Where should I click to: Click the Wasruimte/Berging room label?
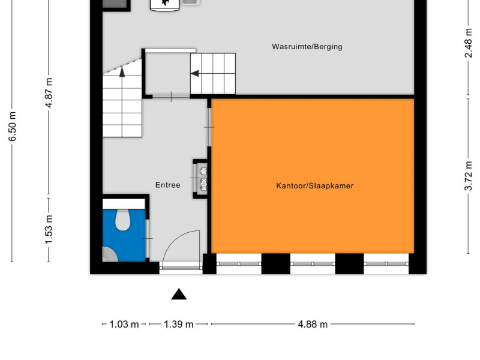coord(307,47)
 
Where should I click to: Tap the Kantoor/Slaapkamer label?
coord(314,186)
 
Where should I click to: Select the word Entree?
coord(168,185)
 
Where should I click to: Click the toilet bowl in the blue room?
coord(123,220)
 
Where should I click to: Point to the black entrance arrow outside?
coord(179,294)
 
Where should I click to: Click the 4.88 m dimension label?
coord(313,324)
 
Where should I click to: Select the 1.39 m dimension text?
coord(178,324)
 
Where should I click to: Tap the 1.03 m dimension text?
coord(124,324)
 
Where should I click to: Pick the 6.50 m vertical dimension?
coord(12,127)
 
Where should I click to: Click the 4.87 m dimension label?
coord(49,92)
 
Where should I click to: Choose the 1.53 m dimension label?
coord(49,230)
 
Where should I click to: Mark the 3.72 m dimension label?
coord(469,176)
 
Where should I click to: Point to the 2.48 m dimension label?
coord(469,43)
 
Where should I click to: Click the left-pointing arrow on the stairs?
coord(194,73)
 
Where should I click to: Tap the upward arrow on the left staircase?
coord(122,71)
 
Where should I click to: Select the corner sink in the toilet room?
coord(109,254)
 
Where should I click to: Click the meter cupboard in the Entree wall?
coord(201,179)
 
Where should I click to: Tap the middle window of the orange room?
coord(313,263)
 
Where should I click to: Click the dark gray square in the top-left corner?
coord(115,4)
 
